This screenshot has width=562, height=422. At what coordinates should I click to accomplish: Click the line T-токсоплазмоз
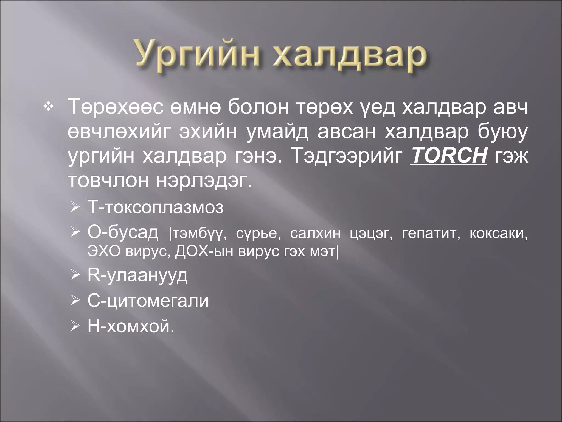click(x=155, y=207)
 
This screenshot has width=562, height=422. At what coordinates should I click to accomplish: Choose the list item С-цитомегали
click(x=148, y=301)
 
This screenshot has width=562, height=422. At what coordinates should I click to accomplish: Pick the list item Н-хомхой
click(x=131, y=326)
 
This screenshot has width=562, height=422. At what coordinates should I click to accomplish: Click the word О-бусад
click(x=123, y=233)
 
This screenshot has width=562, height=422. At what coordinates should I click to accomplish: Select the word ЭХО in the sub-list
click(x=104, y=251)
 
